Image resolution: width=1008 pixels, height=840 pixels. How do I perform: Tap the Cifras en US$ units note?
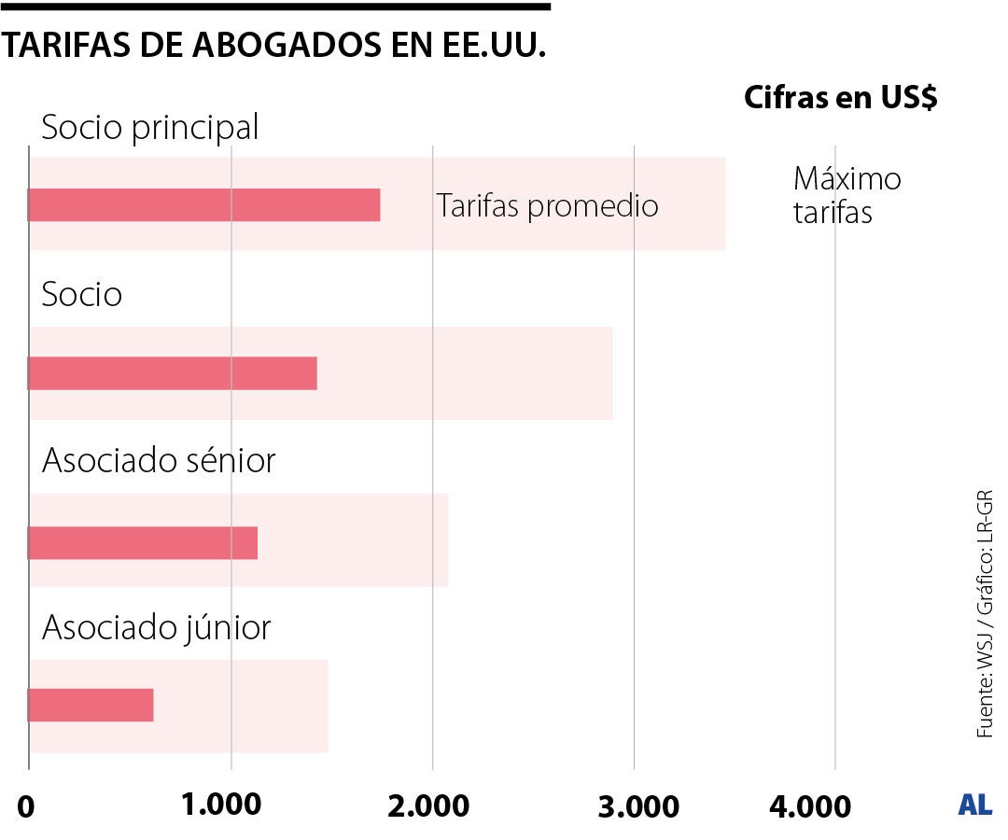pos(840,98)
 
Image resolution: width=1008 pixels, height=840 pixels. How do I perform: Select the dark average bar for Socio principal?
pos(204,204)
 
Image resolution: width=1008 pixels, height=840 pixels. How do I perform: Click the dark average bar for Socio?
pos(173,372)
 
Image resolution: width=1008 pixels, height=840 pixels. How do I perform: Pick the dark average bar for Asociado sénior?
pos(143,543)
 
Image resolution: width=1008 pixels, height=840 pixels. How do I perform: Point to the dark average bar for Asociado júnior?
pos(91,705)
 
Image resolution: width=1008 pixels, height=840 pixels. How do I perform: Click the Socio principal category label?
pos(150,127)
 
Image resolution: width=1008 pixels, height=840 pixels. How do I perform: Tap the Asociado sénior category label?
pos(159,460)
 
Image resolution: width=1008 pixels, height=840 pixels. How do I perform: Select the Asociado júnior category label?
pos(156,627)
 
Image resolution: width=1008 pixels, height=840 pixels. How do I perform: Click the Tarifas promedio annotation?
pos(547,205)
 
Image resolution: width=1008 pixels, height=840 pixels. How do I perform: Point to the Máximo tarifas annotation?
pos(846,195)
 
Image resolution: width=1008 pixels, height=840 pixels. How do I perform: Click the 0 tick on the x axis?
pos(25,806)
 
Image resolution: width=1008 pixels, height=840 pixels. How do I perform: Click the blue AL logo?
pos(974,805)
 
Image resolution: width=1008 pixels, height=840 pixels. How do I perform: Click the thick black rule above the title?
pos(275,7)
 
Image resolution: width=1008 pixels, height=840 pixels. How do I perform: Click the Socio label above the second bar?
pos(82,295)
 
